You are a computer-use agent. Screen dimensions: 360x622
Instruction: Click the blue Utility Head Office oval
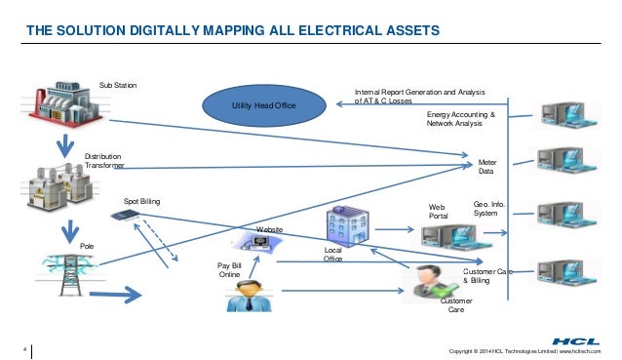click(262, 102)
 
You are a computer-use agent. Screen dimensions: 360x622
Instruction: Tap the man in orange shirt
click(248, 293)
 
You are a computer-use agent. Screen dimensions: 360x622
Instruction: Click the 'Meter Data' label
click(486, 167)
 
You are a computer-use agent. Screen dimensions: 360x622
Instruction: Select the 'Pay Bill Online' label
click(229, 269)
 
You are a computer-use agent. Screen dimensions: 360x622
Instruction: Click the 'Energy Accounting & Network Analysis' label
click(461, 120)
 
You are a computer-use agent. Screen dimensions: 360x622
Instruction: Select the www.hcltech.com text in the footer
click(582, 349)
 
